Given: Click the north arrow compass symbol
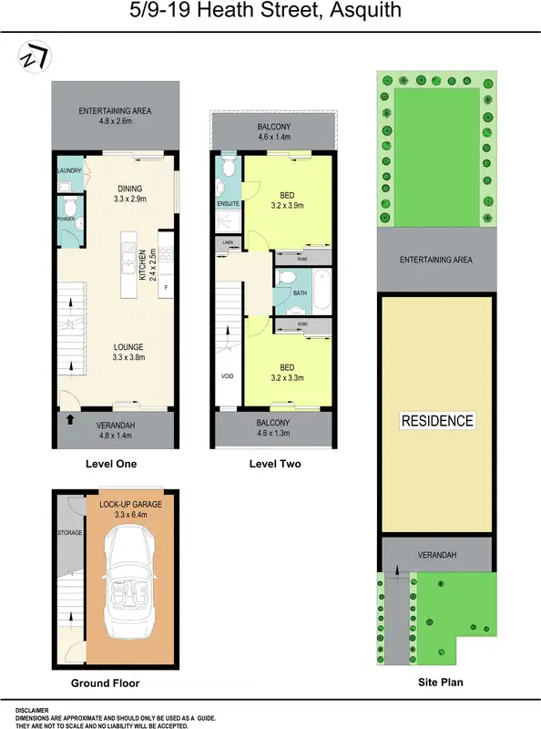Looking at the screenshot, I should click(x=35, y=56).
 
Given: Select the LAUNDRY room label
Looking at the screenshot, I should click(x=70, y=170).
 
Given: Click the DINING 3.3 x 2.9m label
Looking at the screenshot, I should click(x=128, y=193).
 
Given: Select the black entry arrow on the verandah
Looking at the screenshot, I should click(x=69, y=421).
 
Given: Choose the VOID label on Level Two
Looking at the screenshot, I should click(x=227, y=375).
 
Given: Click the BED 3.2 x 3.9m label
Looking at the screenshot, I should click(x=286, y=200).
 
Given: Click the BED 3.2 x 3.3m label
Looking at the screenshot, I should click(x=286, y=373).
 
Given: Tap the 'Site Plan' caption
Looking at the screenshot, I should click(x=438, y=681).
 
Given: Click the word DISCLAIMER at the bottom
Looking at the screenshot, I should click(x=32, y=710).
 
